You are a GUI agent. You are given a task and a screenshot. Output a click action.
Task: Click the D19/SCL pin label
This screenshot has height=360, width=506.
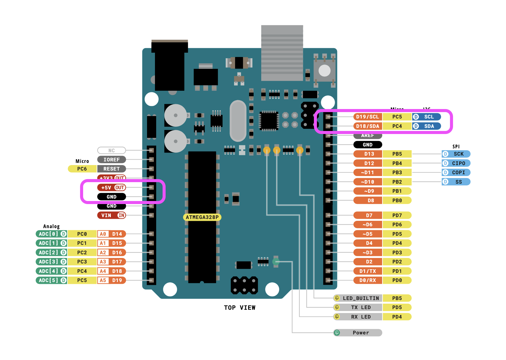367,117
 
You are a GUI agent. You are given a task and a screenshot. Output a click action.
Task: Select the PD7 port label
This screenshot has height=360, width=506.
397,215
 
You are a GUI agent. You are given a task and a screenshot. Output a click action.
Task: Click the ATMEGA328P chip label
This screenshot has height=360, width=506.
202,217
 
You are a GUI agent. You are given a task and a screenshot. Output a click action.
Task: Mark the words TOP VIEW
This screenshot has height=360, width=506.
240,308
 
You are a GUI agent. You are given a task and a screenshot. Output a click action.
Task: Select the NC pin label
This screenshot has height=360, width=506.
111,150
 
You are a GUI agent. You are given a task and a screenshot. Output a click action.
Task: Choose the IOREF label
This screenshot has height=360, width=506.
111,160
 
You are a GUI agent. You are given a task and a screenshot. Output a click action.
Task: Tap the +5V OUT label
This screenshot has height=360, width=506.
111,188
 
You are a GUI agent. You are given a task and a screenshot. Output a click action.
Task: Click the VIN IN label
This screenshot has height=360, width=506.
111,215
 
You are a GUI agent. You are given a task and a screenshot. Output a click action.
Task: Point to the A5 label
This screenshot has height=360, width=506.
103,280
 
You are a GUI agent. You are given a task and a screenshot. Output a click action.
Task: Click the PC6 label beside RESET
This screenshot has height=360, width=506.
82,169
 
